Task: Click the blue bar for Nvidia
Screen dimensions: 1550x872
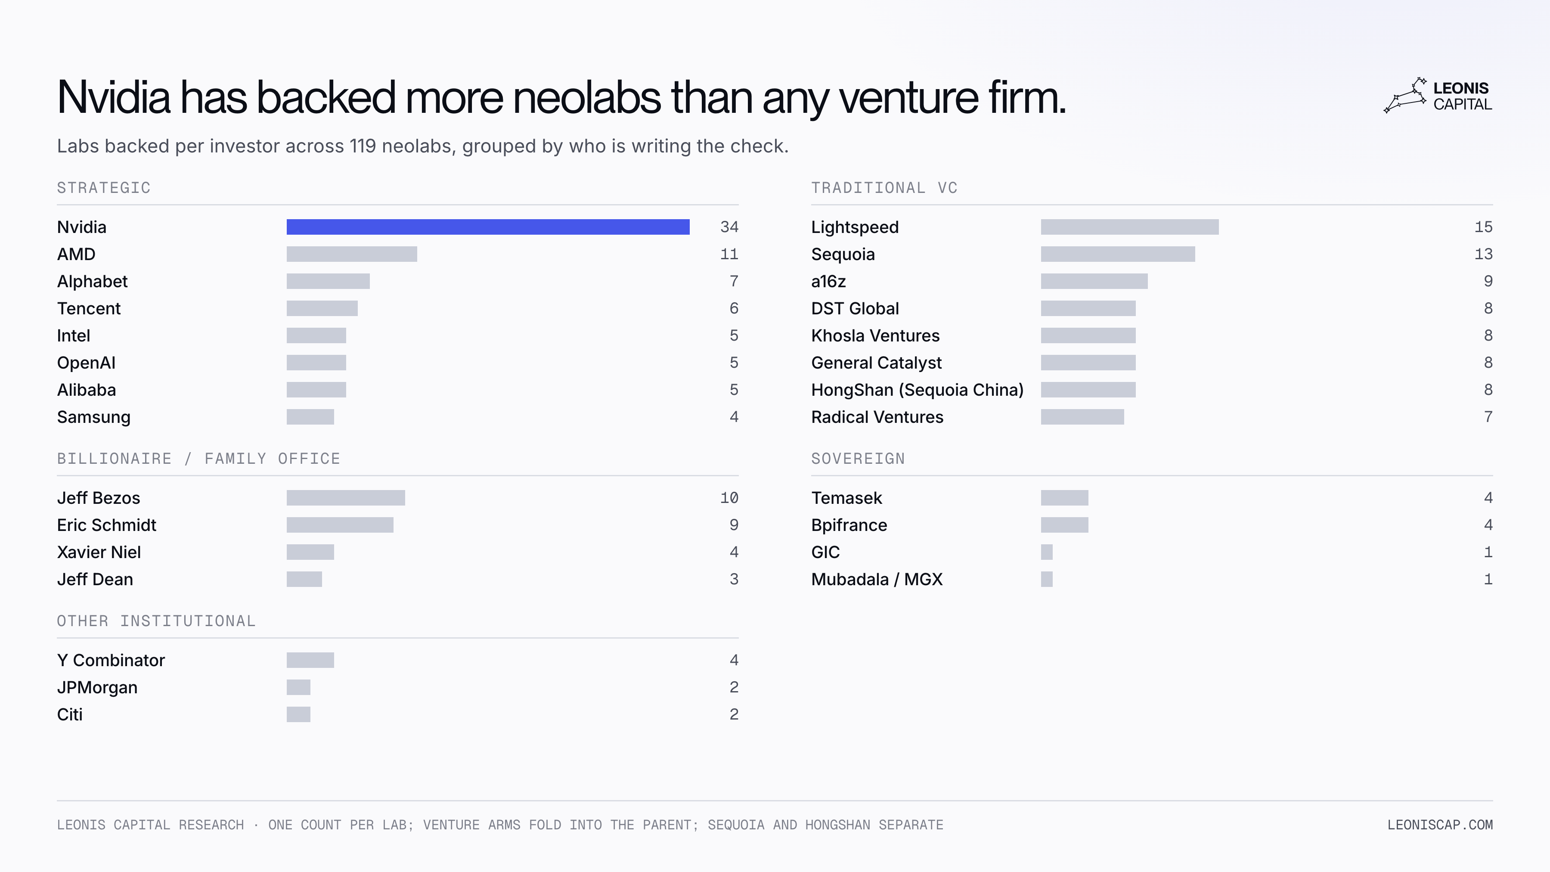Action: pyautogui.click(x=488, y=227)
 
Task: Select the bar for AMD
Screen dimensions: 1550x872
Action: pyautogui.click(x=351, y=254)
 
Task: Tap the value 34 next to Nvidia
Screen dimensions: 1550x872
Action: pyautogui.click(x=729, y=227)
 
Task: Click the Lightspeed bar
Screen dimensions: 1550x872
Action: pyautogui.click(x=1129, y=227)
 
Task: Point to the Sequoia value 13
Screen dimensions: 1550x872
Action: pyautogui.click(x=1483, y=254)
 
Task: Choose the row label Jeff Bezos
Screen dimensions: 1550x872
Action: pyautogui.click(x=99, y=498)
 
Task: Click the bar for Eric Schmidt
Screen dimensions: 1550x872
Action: pyautogui.click(x=340, y=525)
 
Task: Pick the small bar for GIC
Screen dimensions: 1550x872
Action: pyautogui.click(x=1047, y=552)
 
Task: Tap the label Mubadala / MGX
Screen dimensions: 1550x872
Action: pyautogui.click(x=877, y=579)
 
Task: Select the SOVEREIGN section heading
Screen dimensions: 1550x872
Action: pyautogui.click(x=858, y=459)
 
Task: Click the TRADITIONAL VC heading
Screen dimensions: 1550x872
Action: pyautogui.click(x=884, y=188)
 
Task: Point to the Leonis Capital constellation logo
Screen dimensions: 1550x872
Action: pyautogui.click(x=1405, y=95)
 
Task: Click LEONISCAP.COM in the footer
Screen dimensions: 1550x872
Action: pyautogui.click(x=1440, y=825)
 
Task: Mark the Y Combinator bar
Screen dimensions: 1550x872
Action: pyautogui.click(x=310, y=660)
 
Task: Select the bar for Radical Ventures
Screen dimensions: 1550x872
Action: pyautogui.click(x=1082, y=416)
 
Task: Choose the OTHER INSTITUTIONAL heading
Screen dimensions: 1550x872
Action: pyautogui.click(x=156, y=621)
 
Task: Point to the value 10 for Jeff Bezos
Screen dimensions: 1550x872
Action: pyautogui.click(x=729, y=498)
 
